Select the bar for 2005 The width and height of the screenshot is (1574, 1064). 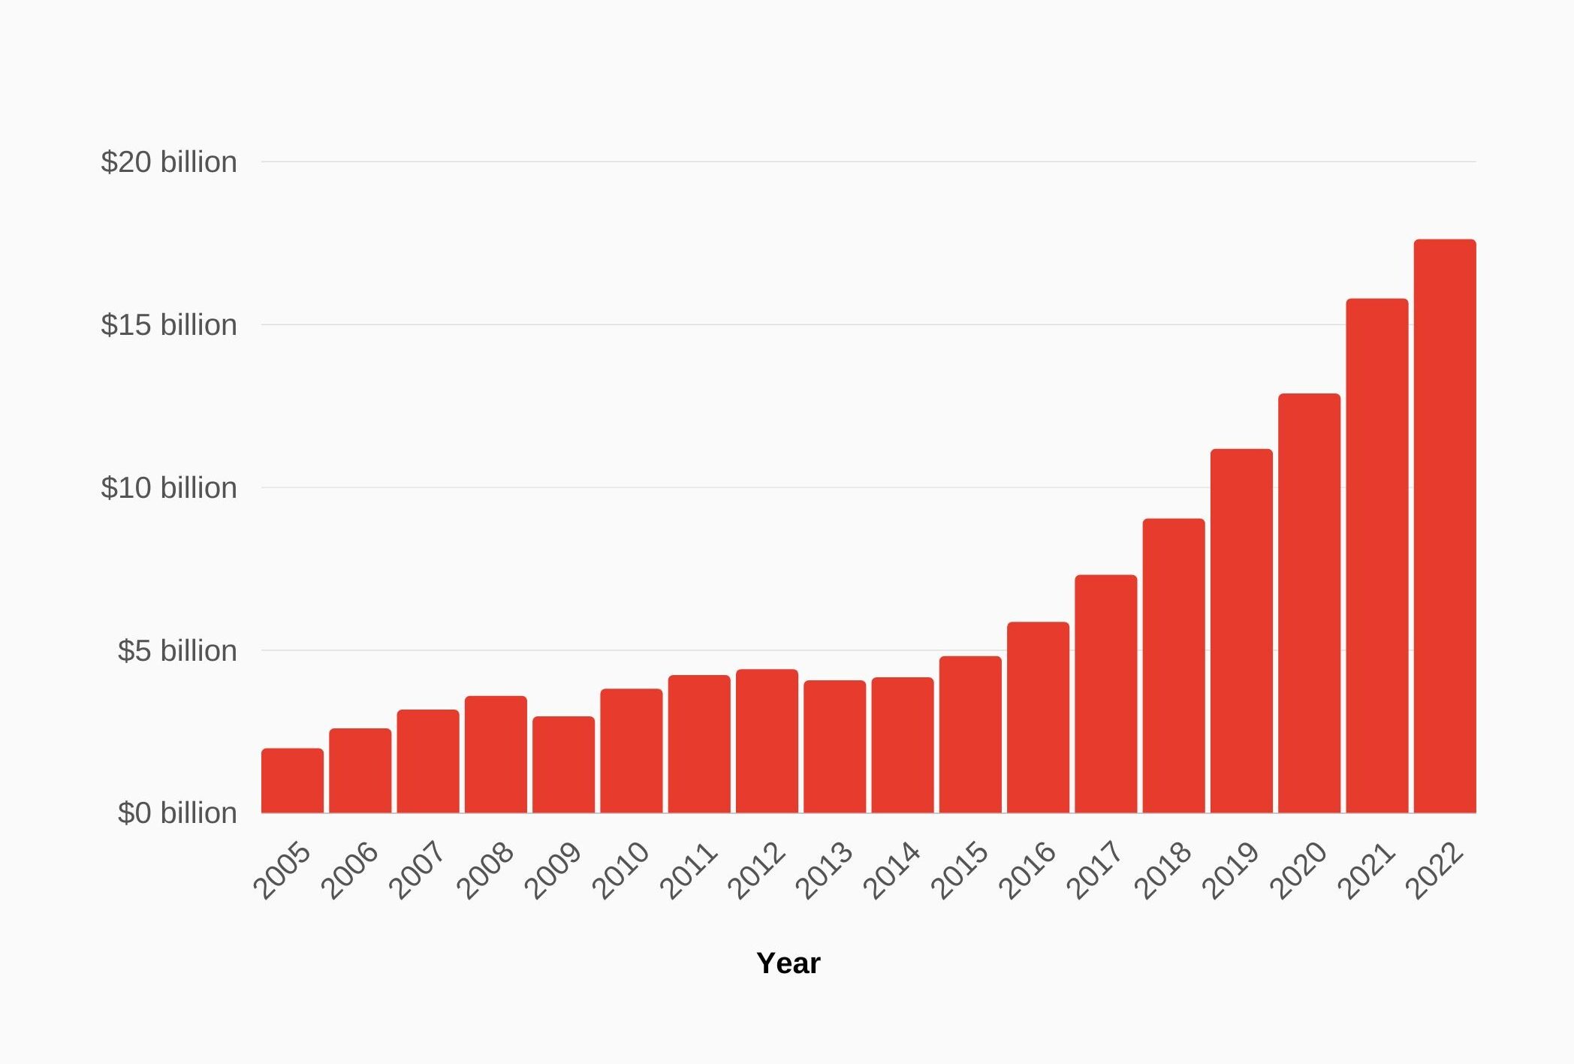(x=292, y=781)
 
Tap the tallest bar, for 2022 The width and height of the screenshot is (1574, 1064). (x=1444, y=526)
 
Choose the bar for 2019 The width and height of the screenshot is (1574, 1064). (x=1241, y=631)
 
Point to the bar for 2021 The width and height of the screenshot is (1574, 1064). (x=1376, y=556)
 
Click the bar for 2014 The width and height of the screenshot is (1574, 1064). (x=903, y=745)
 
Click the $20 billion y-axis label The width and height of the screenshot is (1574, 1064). (x=169, y=162)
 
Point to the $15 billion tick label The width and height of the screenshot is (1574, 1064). (x=169, y=325)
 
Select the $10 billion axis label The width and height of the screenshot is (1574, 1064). (x=169, y=488)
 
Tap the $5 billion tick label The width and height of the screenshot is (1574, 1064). (x=177, y=650)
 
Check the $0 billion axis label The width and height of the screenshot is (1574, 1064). (x=177, y=813)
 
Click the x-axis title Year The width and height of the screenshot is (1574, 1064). (x=788, y=963)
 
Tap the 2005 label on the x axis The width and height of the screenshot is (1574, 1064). (x=282, y=870)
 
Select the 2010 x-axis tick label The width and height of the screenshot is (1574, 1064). (x=621, y=870)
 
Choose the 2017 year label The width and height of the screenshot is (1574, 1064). (x=1095, y=870)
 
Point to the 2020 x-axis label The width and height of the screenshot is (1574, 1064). (x=1298, y=870)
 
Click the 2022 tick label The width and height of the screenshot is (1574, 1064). (x=1434, y=870)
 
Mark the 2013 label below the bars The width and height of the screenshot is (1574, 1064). (x=824, y=870)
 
